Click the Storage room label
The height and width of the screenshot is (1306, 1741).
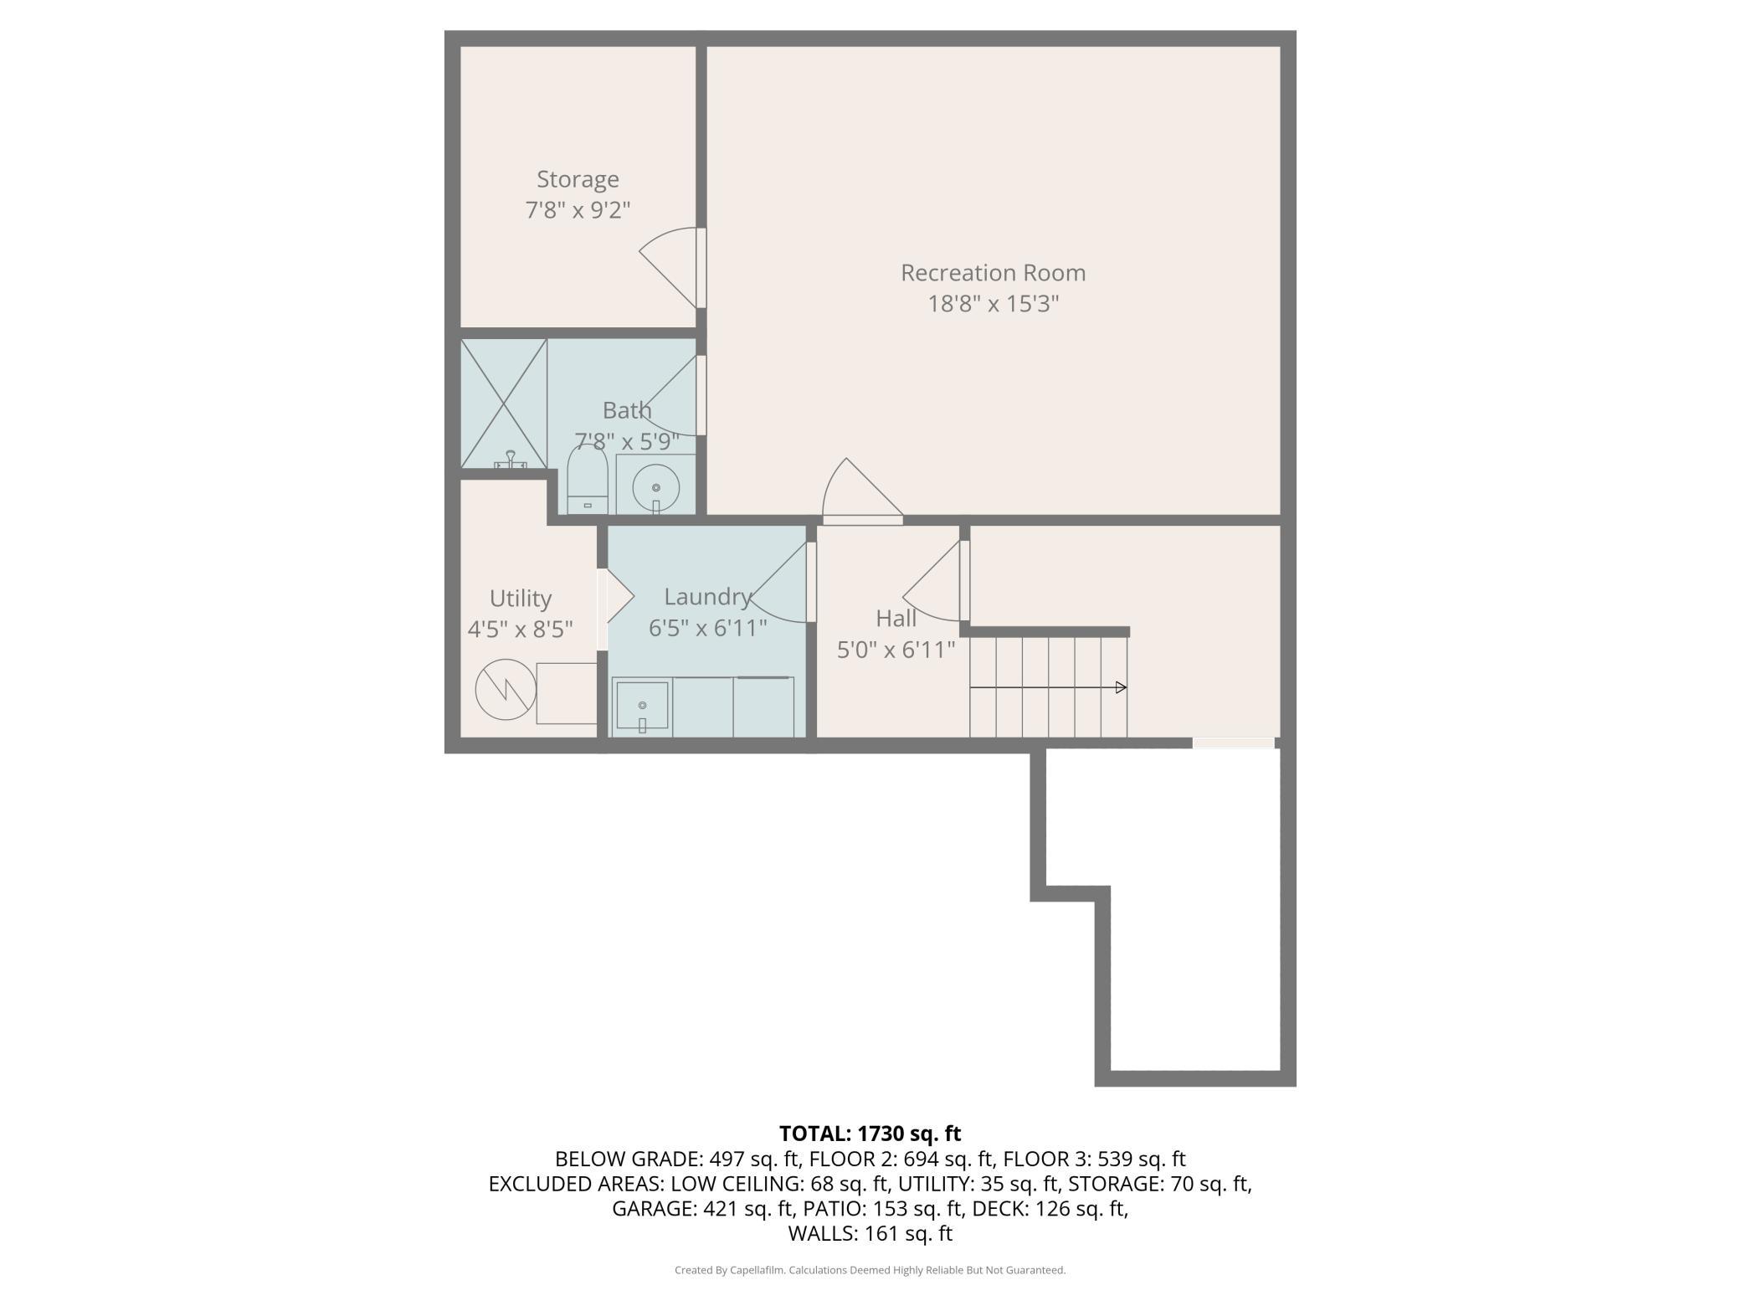[x=578, y=179]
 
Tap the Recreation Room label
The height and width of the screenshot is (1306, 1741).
[x=993, y=273]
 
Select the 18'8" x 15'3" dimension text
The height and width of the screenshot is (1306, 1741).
[x=993, y=303]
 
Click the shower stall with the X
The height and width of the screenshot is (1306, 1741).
[x=504, y=404]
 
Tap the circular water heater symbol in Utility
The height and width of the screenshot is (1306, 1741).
[x=506, y=690]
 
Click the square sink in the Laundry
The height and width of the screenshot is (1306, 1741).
[x=642, y=705]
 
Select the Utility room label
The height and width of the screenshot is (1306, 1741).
[x=521, y=599]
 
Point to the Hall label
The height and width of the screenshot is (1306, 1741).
[x=896, y=619]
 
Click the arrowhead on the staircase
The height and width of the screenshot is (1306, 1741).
[x=1122, y=687]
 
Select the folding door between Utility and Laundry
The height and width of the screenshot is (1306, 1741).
[x=616, y=596]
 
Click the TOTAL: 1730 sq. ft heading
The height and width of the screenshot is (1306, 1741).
[x=870, y=1134]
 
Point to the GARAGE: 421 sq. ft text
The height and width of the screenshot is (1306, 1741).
[x=702, y=1209]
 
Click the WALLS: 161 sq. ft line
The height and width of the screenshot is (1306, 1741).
[x=870, y=1233]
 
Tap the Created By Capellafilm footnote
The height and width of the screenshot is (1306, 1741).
[x=870, y=1270]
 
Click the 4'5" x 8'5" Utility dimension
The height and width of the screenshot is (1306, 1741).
[x=520, y=630]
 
